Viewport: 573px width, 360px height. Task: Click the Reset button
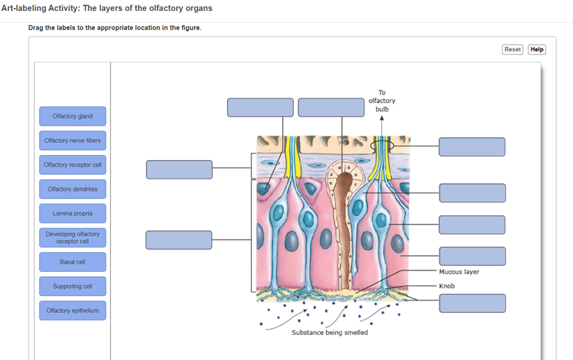coord(512,49)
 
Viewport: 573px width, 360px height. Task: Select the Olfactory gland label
coord(73,116)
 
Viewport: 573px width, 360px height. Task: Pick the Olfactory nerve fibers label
coord(73,140)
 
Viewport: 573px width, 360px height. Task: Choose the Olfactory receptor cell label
coord(73,165)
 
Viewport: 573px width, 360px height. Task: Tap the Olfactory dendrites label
coord(73,189)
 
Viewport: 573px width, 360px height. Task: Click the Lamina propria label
coord(73,213)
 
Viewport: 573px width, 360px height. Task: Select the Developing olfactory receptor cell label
coord(73,237)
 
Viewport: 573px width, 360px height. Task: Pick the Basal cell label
coord(73,262)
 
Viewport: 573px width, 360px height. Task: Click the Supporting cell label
coord(73,286)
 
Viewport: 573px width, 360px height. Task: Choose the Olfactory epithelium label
coord(73,310)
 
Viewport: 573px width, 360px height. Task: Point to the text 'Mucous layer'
coord(459,272)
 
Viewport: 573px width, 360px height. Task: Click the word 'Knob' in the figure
coord(447,286)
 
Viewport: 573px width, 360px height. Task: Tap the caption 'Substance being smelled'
coord(330,333)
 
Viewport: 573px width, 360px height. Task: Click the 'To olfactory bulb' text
coord(382,101)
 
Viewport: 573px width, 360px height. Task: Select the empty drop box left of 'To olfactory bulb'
coord(331,107)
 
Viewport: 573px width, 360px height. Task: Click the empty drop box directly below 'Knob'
coord(472,303)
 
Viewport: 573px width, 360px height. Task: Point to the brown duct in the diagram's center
coord(344,220)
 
